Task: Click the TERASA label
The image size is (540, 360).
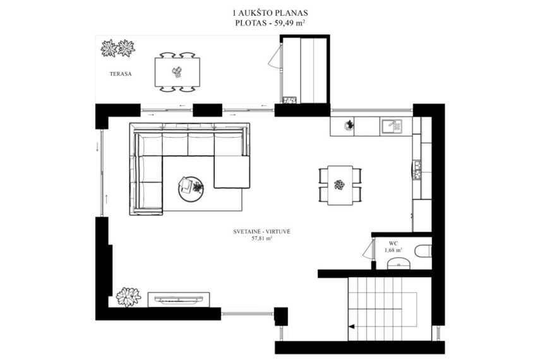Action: tap(121, 74)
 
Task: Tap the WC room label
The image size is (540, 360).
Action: tap(393, 244)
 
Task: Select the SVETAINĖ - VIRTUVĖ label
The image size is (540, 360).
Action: tap(261, 232)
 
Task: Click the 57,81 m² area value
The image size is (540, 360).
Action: tap(262, 237)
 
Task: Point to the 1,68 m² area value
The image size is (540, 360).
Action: tap(393, 250)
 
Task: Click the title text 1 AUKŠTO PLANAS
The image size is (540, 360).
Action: tap(270, 13)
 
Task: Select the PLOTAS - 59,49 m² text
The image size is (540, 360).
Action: tap(270, 23)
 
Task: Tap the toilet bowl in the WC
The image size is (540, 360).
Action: tap(423, 251)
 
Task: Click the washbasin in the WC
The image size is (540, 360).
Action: tap(399, 264)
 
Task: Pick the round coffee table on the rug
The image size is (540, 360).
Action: tap(191, 189)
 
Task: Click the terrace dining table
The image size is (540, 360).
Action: tap(177, 72)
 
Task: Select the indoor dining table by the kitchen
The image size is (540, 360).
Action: tap(340, 185)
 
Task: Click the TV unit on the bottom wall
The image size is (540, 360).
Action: tap(179, 300)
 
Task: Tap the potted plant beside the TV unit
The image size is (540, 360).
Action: tap(128, 297)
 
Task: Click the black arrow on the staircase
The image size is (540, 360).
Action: tap(351, 327)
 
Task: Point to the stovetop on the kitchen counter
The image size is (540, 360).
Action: tap(417, 170)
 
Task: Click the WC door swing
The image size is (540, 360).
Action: tap(368, 249)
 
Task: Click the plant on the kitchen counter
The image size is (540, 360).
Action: tap(349, 124)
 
